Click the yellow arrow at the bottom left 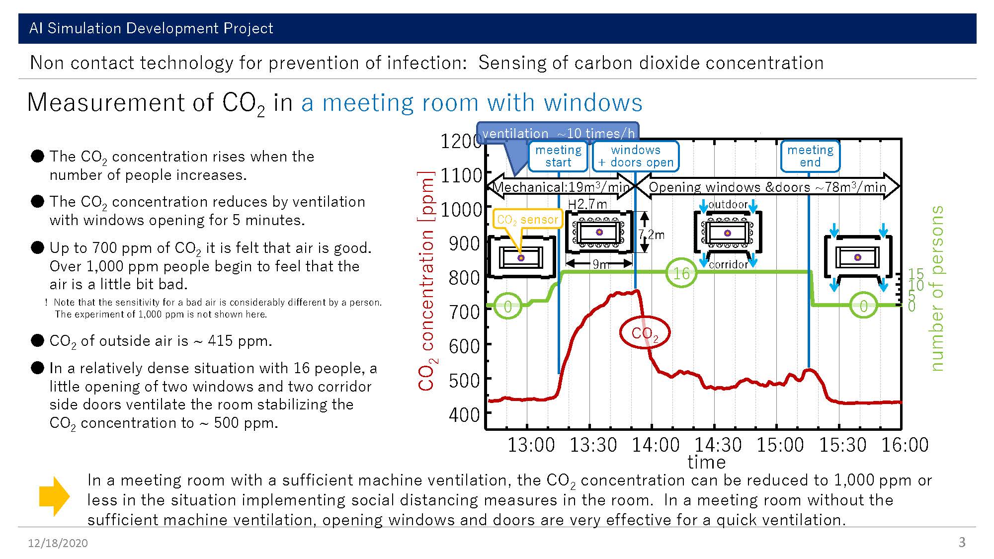click(54, 496)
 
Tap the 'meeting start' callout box click(558, 157)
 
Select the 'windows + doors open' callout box click(636, 157)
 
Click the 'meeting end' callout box click(810, 157)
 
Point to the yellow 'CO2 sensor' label click(527, 219)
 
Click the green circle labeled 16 click(681, 273)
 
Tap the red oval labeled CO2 click(645, 333)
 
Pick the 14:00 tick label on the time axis click(656, 445)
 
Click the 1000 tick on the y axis click(461, 210)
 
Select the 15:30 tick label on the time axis click(842, 445)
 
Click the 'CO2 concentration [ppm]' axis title click(426, 281)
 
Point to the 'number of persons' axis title click(936, 288)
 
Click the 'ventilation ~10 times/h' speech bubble click(558, 133)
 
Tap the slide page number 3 click(962, 542)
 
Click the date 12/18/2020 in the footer click(58, 543)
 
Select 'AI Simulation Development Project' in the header click(151, 28)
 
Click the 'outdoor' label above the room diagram click(728, 204)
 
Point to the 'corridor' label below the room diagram click(729, 264)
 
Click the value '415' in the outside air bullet click(221, 341)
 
